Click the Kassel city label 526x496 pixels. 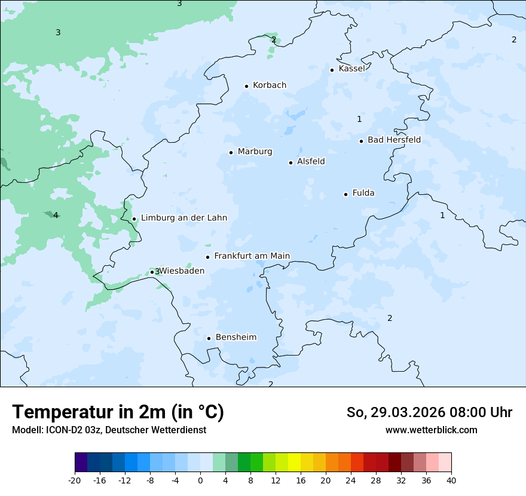point(351,69)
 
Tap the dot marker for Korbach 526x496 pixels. point(246,86)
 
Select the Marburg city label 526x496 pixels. point(255,152)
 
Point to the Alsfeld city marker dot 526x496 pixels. point(291,163)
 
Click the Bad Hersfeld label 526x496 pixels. point(394,140)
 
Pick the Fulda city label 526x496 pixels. point(363,193)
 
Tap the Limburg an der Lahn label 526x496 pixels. point(184,218)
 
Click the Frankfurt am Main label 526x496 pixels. point(252,256)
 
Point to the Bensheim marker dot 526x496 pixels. point(209,338)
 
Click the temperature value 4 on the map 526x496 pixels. point(56,216)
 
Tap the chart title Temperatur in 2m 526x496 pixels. point(118,412)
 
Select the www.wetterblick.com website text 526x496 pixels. point(431,430)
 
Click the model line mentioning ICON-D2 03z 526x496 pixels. point(109,430)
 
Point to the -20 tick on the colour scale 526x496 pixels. point(75,480)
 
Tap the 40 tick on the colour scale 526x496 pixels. point(451,480)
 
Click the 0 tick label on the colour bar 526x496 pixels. point(200,480)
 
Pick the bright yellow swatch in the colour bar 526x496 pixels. point(294,463)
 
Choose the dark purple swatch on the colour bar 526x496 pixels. point(81,463)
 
